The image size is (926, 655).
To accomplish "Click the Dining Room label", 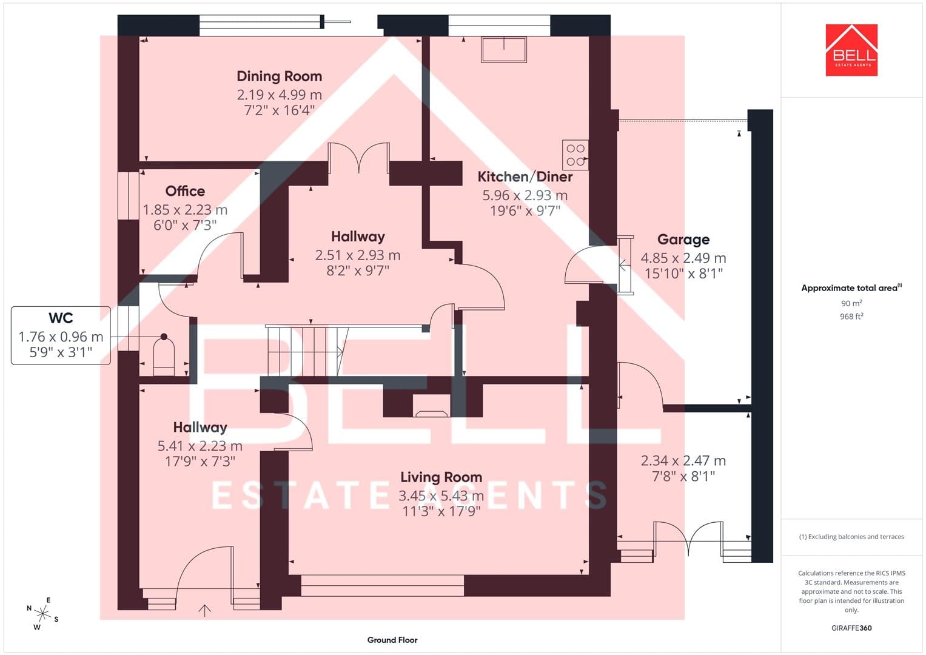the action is (x=279, y=76).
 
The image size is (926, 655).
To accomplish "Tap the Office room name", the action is (x=185, y=191).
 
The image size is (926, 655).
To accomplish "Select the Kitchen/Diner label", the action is (x=525, y=177).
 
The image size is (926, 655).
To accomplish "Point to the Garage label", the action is (x=683, y=240).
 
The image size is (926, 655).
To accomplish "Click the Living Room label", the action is (x=441, y=477).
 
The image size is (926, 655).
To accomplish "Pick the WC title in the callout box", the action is (x=61, y=318).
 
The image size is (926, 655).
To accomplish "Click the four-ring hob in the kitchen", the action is (x=575, y=155).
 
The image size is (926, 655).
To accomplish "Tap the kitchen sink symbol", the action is (x=503, y=50).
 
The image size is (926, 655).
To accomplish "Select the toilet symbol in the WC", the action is (x=164, y=355).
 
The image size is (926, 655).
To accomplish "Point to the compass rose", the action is (x=42, y=613).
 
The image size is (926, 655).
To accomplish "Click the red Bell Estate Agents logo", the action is (x=851, y=50).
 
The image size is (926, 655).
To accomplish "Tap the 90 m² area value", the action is (x=851, y=303).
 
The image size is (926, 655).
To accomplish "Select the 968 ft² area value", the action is (x=851, y=317).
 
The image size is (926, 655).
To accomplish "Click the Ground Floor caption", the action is (x=392, y=640).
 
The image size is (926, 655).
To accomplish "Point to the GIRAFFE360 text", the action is (x=851, y=628).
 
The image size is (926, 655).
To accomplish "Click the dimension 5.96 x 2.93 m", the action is (x=525, y=195).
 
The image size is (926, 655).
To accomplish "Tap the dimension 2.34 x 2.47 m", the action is (x=683, y=461).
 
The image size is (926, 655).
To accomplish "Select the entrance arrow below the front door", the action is (x=204, y=611).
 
